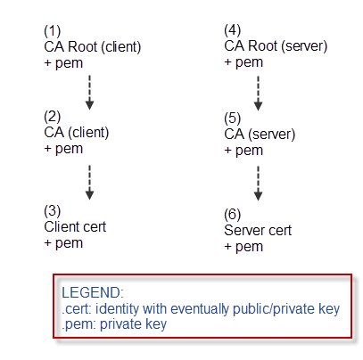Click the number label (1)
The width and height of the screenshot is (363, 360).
tap(53, 31)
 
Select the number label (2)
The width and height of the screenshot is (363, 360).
tap(53, 117)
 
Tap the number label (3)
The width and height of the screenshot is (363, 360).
tap(53, 211)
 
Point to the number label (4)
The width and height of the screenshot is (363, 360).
tap(233, 30)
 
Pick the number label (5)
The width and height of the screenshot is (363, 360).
tap(233, 119)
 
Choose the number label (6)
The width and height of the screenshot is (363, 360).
tap(233, 215)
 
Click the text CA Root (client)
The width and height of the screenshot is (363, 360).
tap(93, 47)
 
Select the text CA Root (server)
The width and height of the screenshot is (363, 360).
tap(276, 46)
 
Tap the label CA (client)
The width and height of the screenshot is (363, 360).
tap(77, 133)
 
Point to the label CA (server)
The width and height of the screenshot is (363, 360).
tap(260, 135)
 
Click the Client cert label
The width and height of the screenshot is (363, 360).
tap(75, 227)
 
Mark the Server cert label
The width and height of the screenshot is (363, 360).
tap(258, 231)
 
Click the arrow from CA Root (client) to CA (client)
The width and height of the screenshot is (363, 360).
tap(90, 93)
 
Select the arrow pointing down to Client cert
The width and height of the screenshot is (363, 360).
tap(90, 183)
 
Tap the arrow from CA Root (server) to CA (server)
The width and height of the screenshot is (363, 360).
tap(258, 94)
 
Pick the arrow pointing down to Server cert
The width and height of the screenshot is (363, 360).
tap(258, 184)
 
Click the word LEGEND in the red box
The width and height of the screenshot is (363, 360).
tap(92, 293)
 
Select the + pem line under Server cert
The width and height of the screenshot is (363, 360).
tap(243, 247)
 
